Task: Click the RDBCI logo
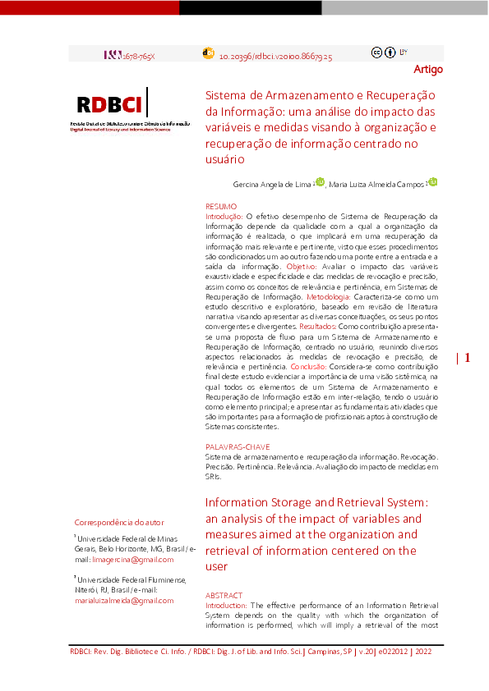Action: coord(111,105)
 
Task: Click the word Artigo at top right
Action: coord(427,69)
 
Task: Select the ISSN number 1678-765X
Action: coord(138,54)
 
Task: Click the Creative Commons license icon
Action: coord(390,53)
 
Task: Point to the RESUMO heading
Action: coord(221,205)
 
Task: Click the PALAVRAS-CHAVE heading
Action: coord(238,446)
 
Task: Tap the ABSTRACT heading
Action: coord(224,595)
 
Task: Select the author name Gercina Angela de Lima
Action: coord(271,185)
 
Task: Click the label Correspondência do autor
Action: coord(119,523)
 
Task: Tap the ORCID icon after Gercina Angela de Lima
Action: coord(320,182)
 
